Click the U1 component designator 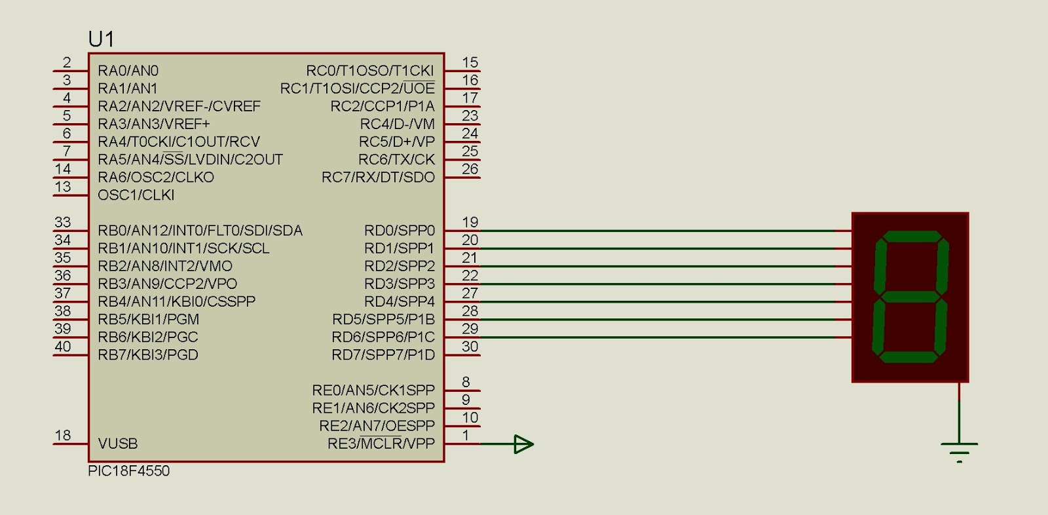(x=101, y=40)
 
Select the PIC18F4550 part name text (x=128, y=471)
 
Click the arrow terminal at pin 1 (x=523, y=444)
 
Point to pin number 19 (x=470, y=223)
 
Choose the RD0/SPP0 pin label (x=399, y=231)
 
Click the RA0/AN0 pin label (x=128, y=71)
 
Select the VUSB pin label (x=118, y=444)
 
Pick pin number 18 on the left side (x=63, y=436)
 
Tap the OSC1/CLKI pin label (x=136, y=195)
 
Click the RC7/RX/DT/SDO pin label (x=377, y=178)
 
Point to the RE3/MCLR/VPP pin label (x=381, y=444)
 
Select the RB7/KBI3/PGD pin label (x=147, y=355)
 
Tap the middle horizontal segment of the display (x=910, y=296)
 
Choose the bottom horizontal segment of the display (x=908, y=357)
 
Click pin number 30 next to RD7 (x=470, y=347)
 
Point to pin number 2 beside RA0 (x=67, y=62)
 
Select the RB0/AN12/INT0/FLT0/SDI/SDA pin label (x=200, y=231)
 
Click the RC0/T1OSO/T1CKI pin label (x=369, y=71)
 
